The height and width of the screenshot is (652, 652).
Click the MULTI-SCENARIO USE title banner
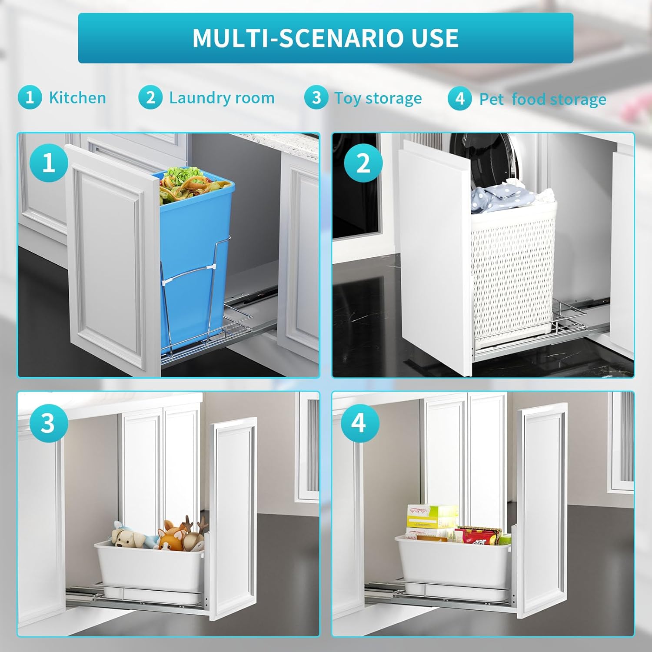pos(326,38)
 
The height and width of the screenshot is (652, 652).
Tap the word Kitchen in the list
pos(77,98)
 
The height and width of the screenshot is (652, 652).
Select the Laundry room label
pos(222,98)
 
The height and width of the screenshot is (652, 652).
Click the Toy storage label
pos(378,98)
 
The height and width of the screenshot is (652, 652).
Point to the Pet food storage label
pos(542,100)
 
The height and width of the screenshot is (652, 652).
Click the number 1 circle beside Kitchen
pos(30,97)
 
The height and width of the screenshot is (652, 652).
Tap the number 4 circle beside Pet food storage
pos(459,99)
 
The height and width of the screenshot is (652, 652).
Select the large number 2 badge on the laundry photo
pos(363,163)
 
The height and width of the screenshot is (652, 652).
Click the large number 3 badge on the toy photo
pos(48,423)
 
